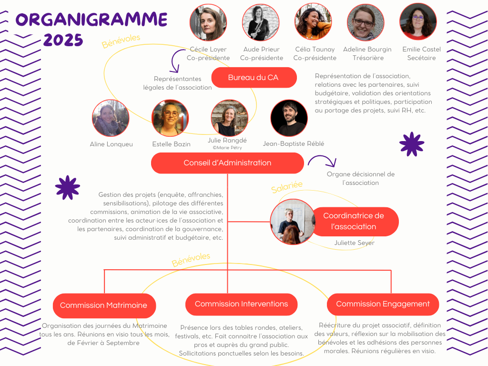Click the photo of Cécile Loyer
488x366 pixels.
(x=208, y=22)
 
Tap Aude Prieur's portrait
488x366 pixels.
(x=261, y=22)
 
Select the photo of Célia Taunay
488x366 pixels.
(x=314, y=22)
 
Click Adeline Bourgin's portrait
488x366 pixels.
(x=366, y=22)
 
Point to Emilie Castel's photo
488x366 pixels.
(x=418, y=22)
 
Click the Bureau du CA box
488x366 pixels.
(x=254, y=77)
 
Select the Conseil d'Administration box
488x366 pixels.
(x=227, y=163)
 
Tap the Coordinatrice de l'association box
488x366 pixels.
(x=354, y=221)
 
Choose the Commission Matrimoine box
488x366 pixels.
(x=104, y=305)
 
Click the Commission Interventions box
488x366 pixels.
(x=241, y=304)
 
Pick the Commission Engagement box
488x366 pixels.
(x=383, y=304)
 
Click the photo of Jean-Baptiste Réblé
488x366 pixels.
(x=289, y=118)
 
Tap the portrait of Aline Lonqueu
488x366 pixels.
(x=111, y=118)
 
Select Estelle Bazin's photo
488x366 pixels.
(x=170, y=118)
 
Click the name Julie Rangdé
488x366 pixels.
(x=227, y=140)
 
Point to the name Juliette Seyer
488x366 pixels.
(x=355, y=243)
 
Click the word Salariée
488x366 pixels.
(x=287, y=187)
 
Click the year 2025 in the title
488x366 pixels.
(x=63, y=41)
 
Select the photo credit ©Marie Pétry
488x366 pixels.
(x=227, y=148)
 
